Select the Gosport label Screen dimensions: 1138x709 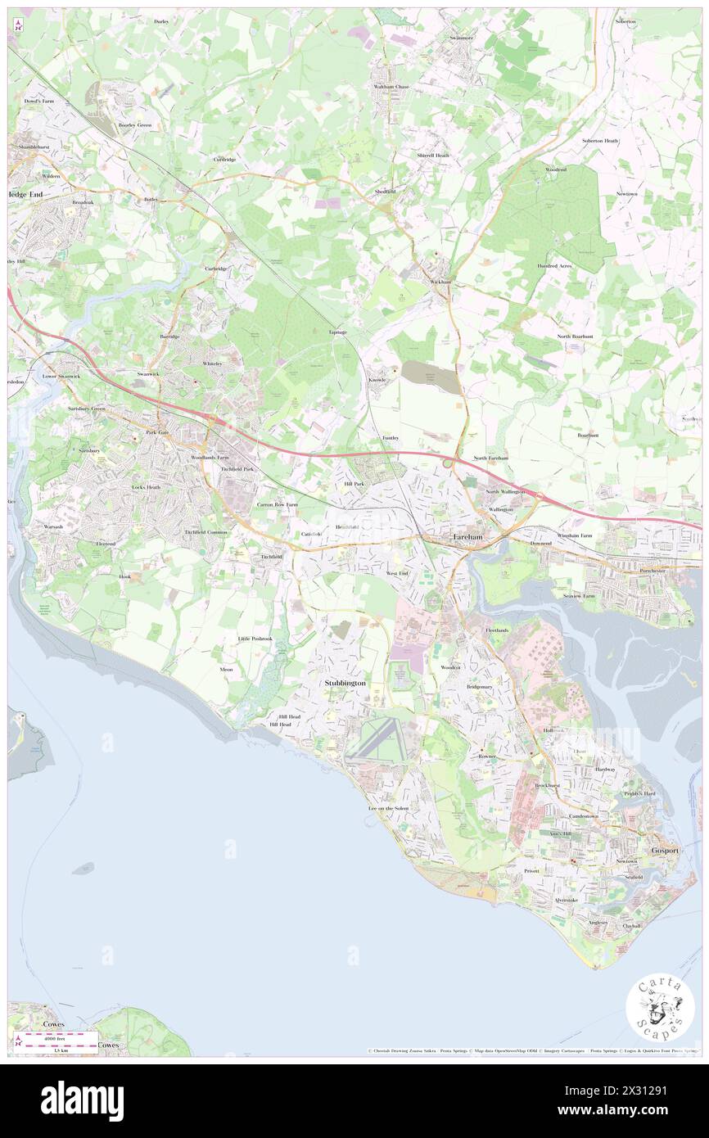tap(665, 851)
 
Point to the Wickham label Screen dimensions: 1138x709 tap(440, 282)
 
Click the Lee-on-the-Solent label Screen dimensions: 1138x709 tap(388, 808)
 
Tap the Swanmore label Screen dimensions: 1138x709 tap(461, 38)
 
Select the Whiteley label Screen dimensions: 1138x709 tap(213, 364)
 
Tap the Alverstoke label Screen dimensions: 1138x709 tap(566, 899)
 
